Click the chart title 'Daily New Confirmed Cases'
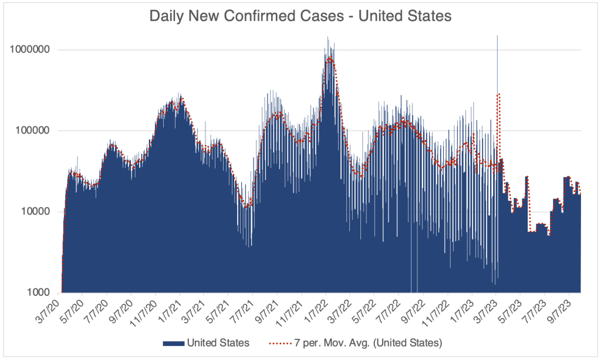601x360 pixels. [300, 16]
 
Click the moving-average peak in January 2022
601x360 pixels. [330, 58]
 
